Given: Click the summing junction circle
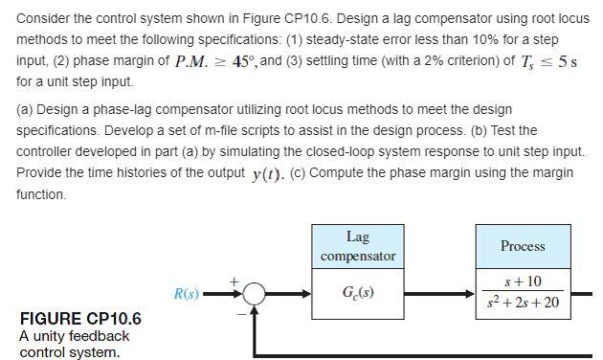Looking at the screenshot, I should (254, 294).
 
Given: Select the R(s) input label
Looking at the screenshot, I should (187, 293).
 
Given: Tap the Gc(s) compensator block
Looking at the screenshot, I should (358, 292).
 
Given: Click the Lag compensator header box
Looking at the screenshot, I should (358, 246).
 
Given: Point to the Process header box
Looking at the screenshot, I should (523, 246).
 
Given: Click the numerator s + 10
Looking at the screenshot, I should (523, 281).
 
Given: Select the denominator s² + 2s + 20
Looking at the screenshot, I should (524, 303).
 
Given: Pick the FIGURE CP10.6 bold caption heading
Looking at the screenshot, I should (80, 319).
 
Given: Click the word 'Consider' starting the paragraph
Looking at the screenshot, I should (45, 18).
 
